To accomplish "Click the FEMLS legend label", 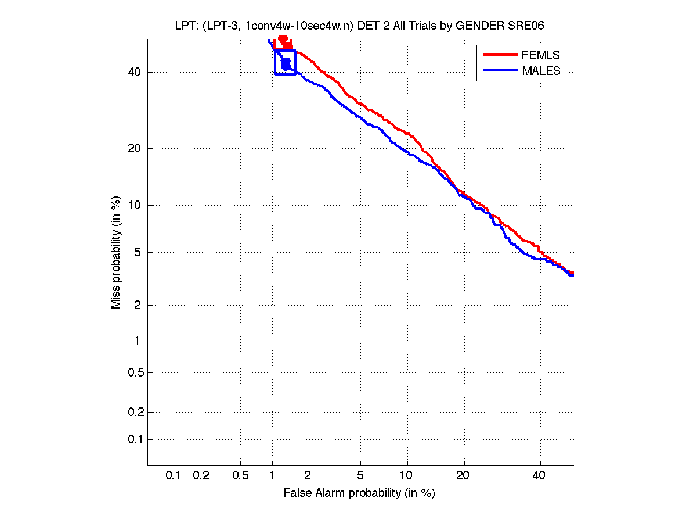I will [541, 55].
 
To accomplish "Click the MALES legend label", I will [541, 71].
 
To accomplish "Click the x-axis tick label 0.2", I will [201, 476].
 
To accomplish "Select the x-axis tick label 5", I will [360, 476].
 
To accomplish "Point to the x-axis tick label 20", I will [463, 476].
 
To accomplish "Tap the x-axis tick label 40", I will [539, 476].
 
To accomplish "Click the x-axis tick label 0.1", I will [173, 476].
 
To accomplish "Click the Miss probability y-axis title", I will [117, 252].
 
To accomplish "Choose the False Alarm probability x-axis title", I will [359, 493].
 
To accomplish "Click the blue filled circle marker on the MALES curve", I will [286, 66].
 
